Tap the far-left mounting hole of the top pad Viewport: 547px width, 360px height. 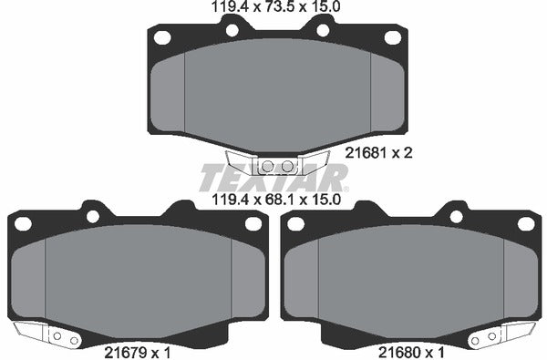163,37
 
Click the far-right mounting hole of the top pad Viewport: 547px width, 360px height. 392,37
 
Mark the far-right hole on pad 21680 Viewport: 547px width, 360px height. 524,222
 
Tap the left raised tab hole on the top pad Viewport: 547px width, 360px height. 232,30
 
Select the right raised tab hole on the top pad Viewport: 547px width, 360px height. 322,30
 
